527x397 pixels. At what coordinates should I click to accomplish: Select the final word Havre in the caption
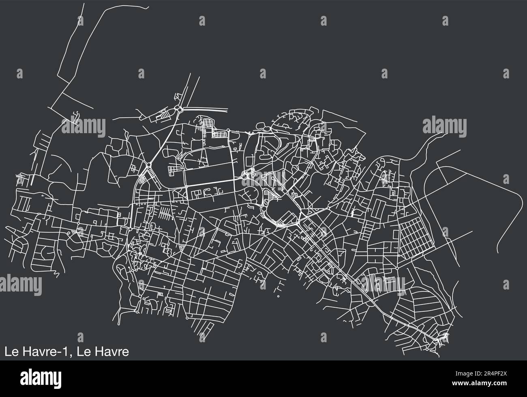point(114,352)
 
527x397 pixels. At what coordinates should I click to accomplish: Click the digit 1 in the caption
point(64,352)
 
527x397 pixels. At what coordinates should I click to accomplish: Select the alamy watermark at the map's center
point(263,179)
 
